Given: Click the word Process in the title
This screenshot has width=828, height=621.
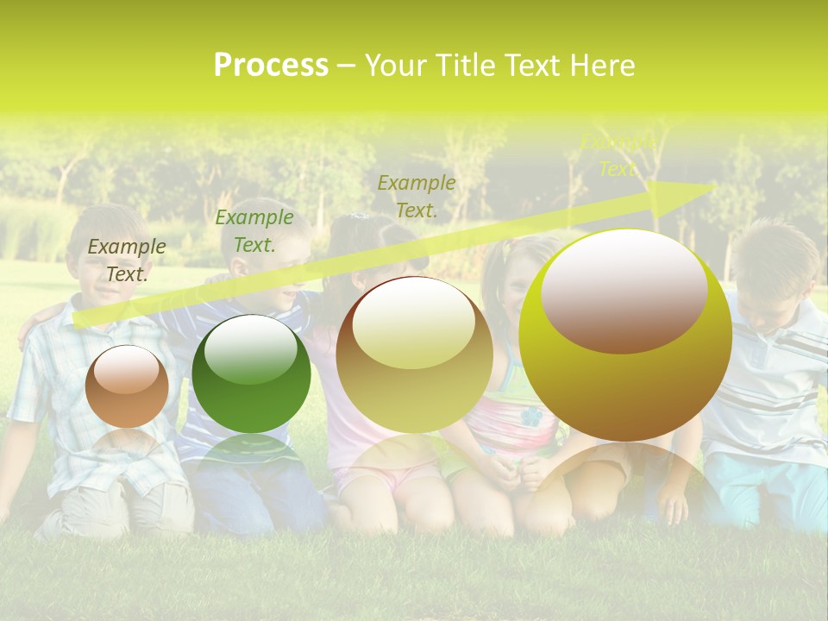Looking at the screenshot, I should click(271, 66).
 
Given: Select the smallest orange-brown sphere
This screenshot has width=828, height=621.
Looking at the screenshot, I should click(127, 386).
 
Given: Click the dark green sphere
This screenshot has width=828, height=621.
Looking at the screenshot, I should click(251, 374).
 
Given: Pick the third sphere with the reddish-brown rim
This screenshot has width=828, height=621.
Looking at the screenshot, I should click(414, 354).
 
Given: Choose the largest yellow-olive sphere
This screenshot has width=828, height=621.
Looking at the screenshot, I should click(625, 336).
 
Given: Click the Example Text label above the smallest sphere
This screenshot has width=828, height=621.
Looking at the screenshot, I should click(127, 260).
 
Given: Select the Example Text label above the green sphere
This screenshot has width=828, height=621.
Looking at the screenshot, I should click(254, 231).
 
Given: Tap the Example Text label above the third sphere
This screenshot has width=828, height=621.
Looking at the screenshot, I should click(417, 196).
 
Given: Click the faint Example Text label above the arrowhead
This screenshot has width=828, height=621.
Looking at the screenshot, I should click(618, 155).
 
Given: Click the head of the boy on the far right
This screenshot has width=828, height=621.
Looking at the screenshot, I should click(781, 259).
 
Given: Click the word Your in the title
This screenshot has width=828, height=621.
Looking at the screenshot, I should click(398, 66).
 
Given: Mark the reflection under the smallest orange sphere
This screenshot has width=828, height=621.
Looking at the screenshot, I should click(127, 444).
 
